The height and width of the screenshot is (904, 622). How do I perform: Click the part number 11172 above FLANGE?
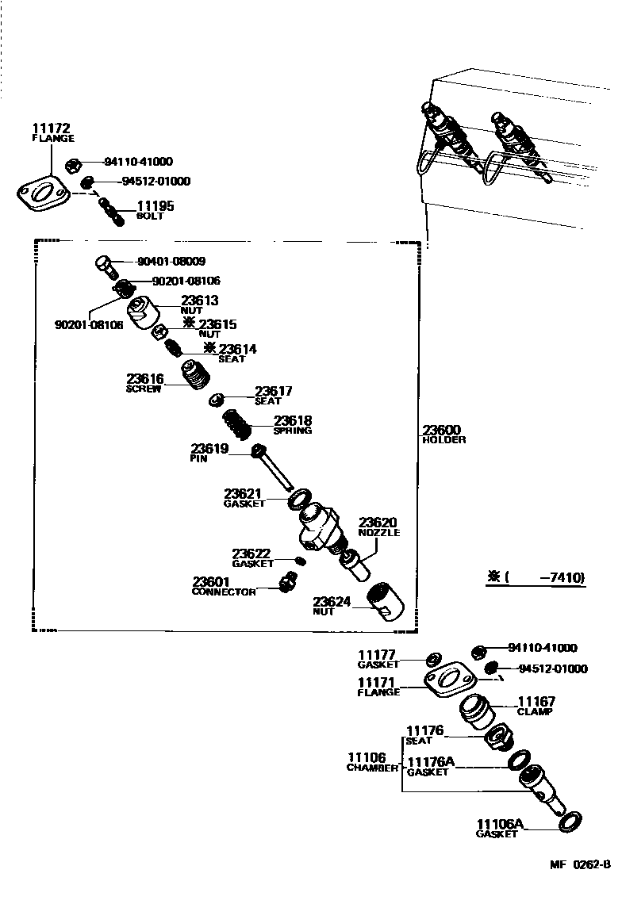point(52,128)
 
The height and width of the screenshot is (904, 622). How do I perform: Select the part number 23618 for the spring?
point(293,421)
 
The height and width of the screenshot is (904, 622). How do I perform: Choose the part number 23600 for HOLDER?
point(442,430)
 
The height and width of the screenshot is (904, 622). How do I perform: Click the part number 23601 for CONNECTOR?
point(211,582)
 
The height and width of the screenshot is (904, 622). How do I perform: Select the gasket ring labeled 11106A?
point(570,822)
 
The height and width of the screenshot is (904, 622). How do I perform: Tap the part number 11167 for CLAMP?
point(536,702)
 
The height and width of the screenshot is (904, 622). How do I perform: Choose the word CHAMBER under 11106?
point(371,768)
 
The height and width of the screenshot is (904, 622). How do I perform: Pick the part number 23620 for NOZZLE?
point(378,523)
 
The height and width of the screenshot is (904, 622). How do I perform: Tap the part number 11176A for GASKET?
point(430,762)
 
